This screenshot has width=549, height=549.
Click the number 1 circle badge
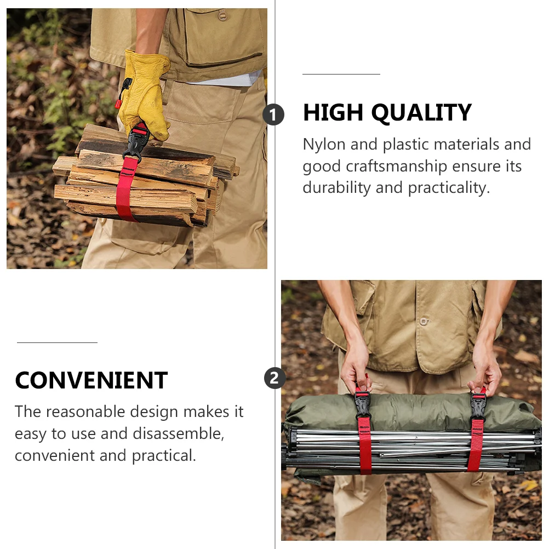click(x=273, y=115)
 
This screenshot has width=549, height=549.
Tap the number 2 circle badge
click(x=274, y=378)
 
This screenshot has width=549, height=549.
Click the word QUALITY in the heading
click(x=421, y=113)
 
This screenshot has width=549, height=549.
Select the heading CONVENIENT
click(x=91, y=380)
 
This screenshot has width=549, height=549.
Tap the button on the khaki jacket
click(x=423, y=322)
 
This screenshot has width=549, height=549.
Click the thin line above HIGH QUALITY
click(x=341, y=74)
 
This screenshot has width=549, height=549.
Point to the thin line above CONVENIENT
click(x=57, y=343)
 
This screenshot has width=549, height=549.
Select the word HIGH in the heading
click(x=333, y=113)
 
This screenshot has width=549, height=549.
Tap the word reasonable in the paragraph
click(x=93, y=412)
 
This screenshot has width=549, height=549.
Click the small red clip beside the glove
click(x=118, y=104)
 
